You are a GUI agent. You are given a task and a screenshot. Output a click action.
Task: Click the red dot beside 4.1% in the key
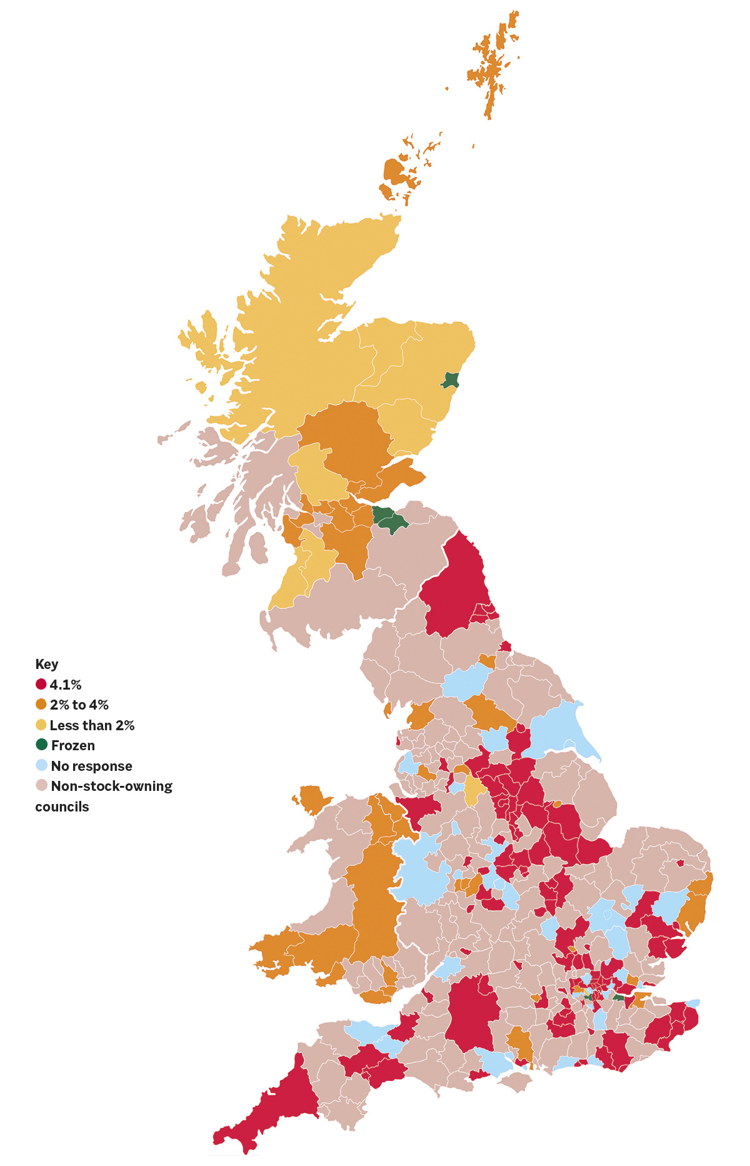click(x=41, y=685)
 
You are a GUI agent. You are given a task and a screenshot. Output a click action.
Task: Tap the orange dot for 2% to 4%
click(x=41, y=705)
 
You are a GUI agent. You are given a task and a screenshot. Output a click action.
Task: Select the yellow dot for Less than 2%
click(x=41, y=725)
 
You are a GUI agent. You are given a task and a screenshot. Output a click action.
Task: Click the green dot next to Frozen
click(x=42, y=745)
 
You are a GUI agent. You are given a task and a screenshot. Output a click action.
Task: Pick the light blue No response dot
click(x=42, y=765)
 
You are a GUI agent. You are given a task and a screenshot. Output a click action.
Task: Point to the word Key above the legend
click(x=47, y=664)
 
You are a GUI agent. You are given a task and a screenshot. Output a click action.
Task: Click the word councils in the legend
click(x=62, y=807)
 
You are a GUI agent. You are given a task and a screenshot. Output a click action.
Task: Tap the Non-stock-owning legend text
click(x=111, y=786)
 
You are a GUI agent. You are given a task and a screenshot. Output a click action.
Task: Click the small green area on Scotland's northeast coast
click(x=451, y=380)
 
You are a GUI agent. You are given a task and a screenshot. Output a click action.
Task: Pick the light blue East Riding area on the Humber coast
click(x=556, y=728)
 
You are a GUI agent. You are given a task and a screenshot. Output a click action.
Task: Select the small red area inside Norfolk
click(x=680, y=863)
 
